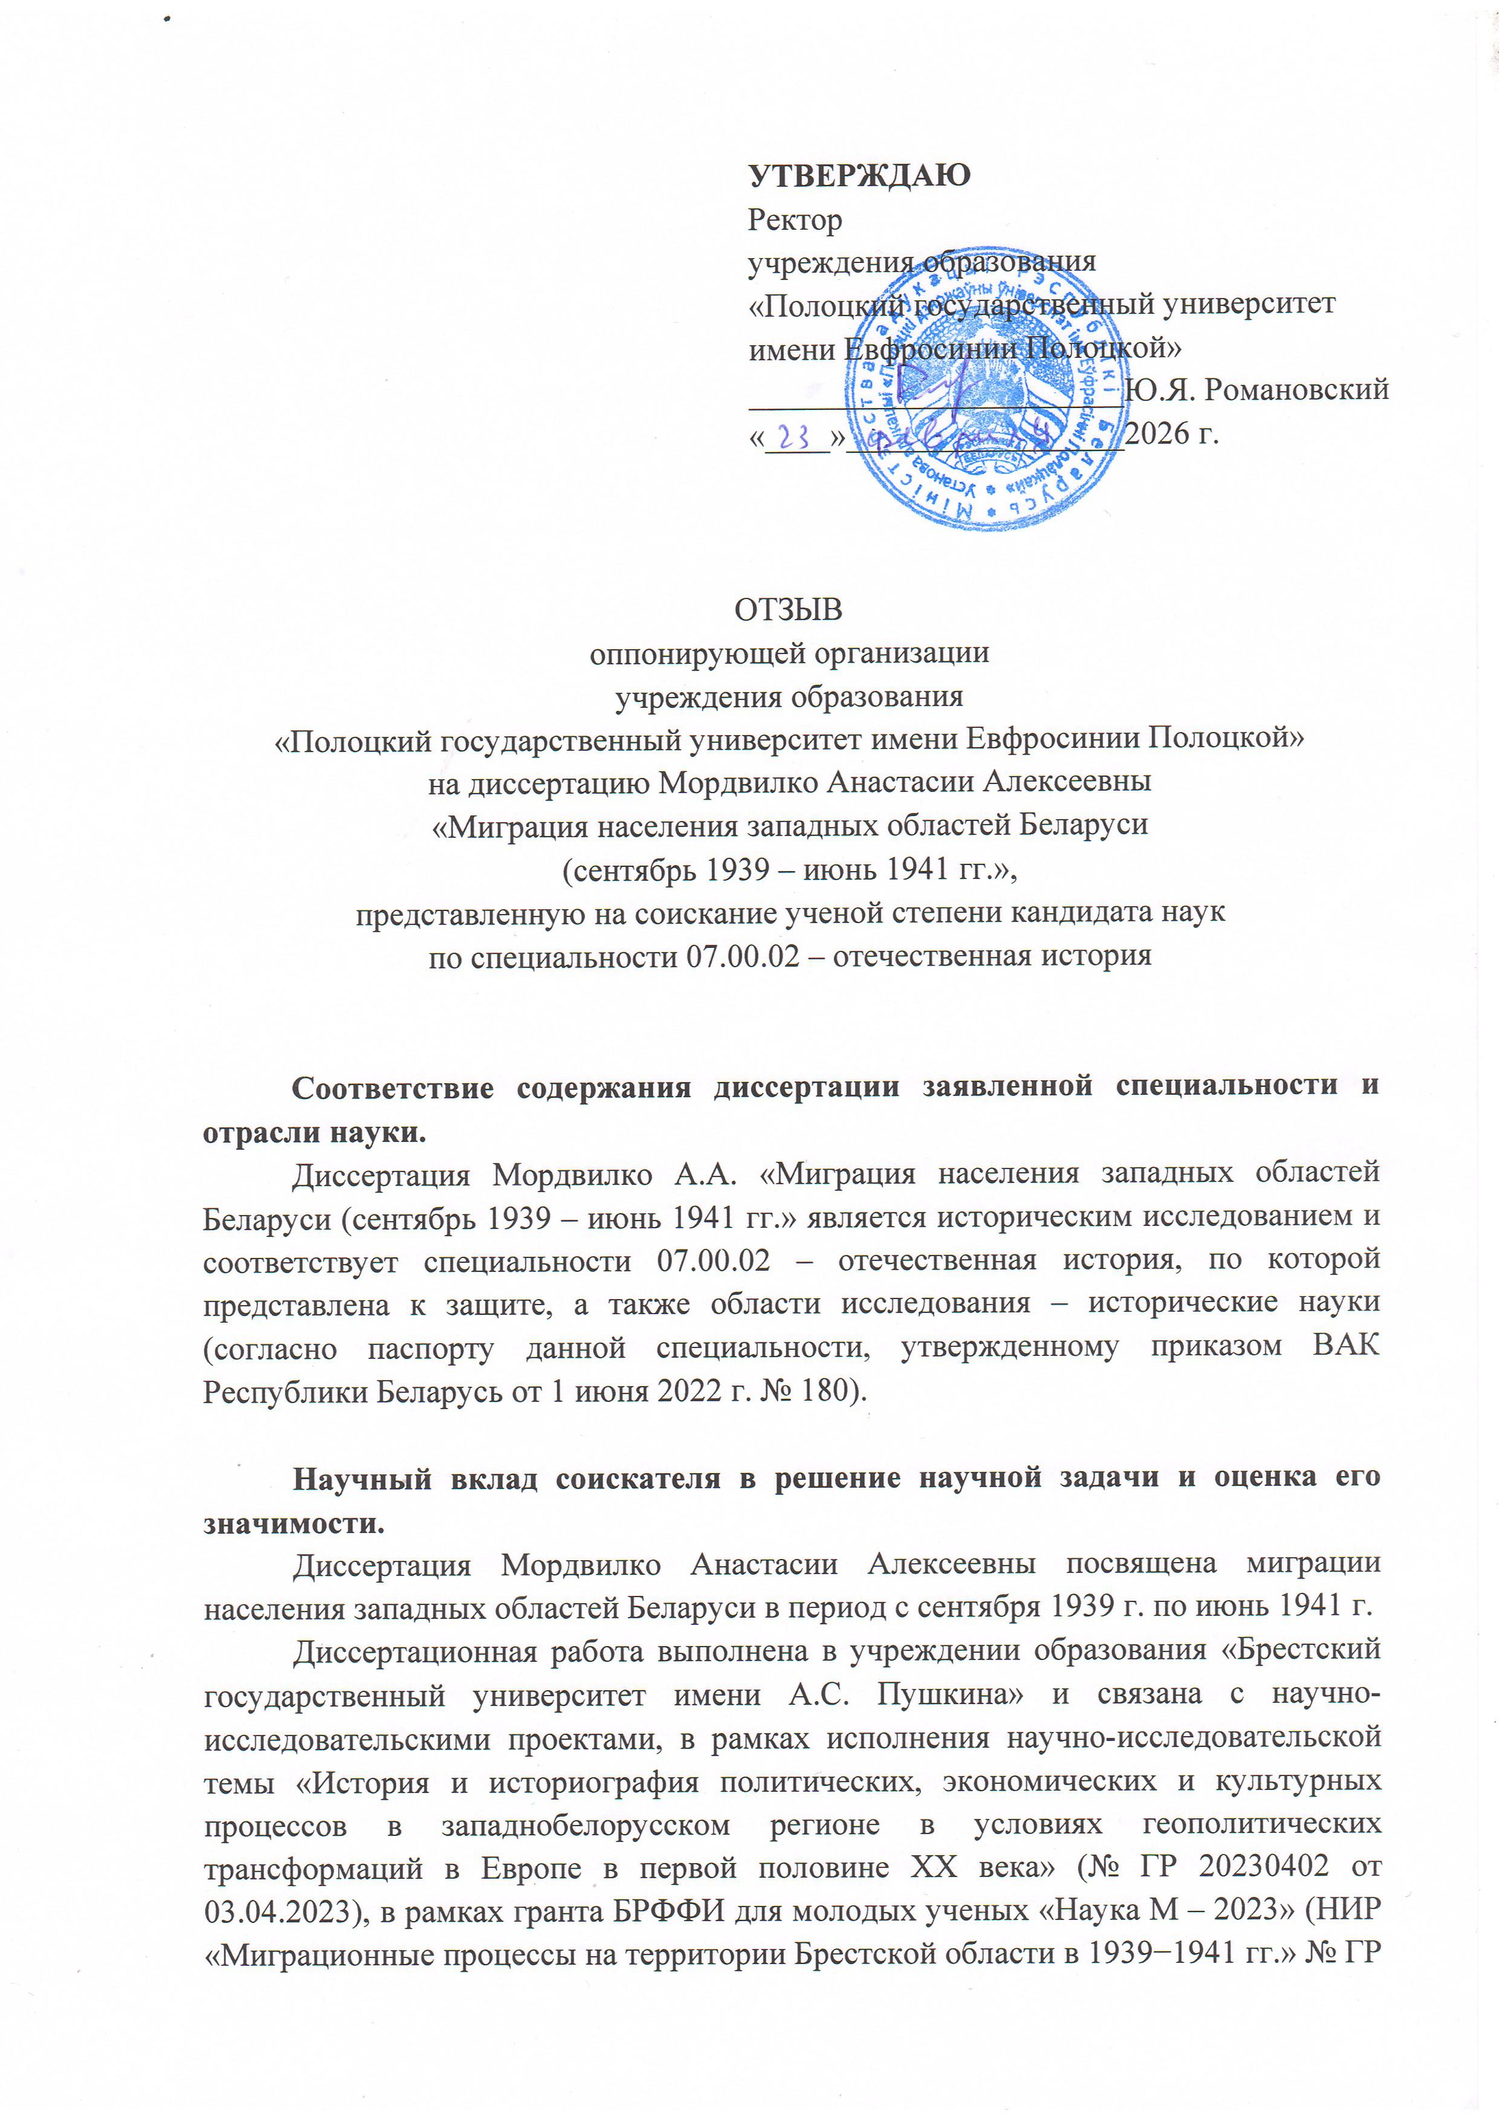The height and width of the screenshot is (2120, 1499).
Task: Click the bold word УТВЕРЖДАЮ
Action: coord(858,175)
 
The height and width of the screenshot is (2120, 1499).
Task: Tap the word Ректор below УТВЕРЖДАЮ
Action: coord(795,220)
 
